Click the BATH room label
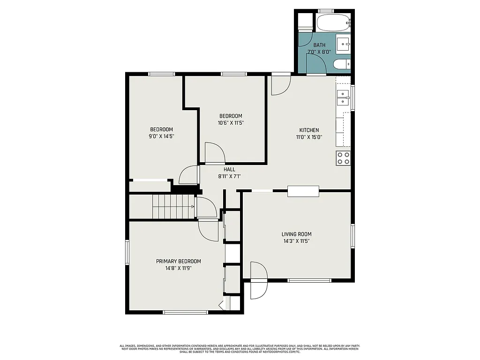point(319,45)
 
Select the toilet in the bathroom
point(341,64)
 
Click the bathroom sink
point(344,44)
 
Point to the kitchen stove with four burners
point(343,158)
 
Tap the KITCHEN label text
point(309,130)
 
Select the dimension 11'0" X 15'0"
point(309,137)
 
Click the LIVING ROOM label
point(296,234)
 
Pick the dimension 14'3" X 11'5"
point(296,241)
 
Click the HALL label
point(229,170)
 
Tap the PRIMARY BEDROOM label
point(179,262)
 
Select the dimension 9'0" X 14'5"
point(162,136)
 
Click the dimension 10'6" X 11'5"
point(231,123)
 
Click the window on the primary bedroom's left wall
point(127,252)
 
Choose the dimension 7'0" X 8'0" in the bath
point(319,52)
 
